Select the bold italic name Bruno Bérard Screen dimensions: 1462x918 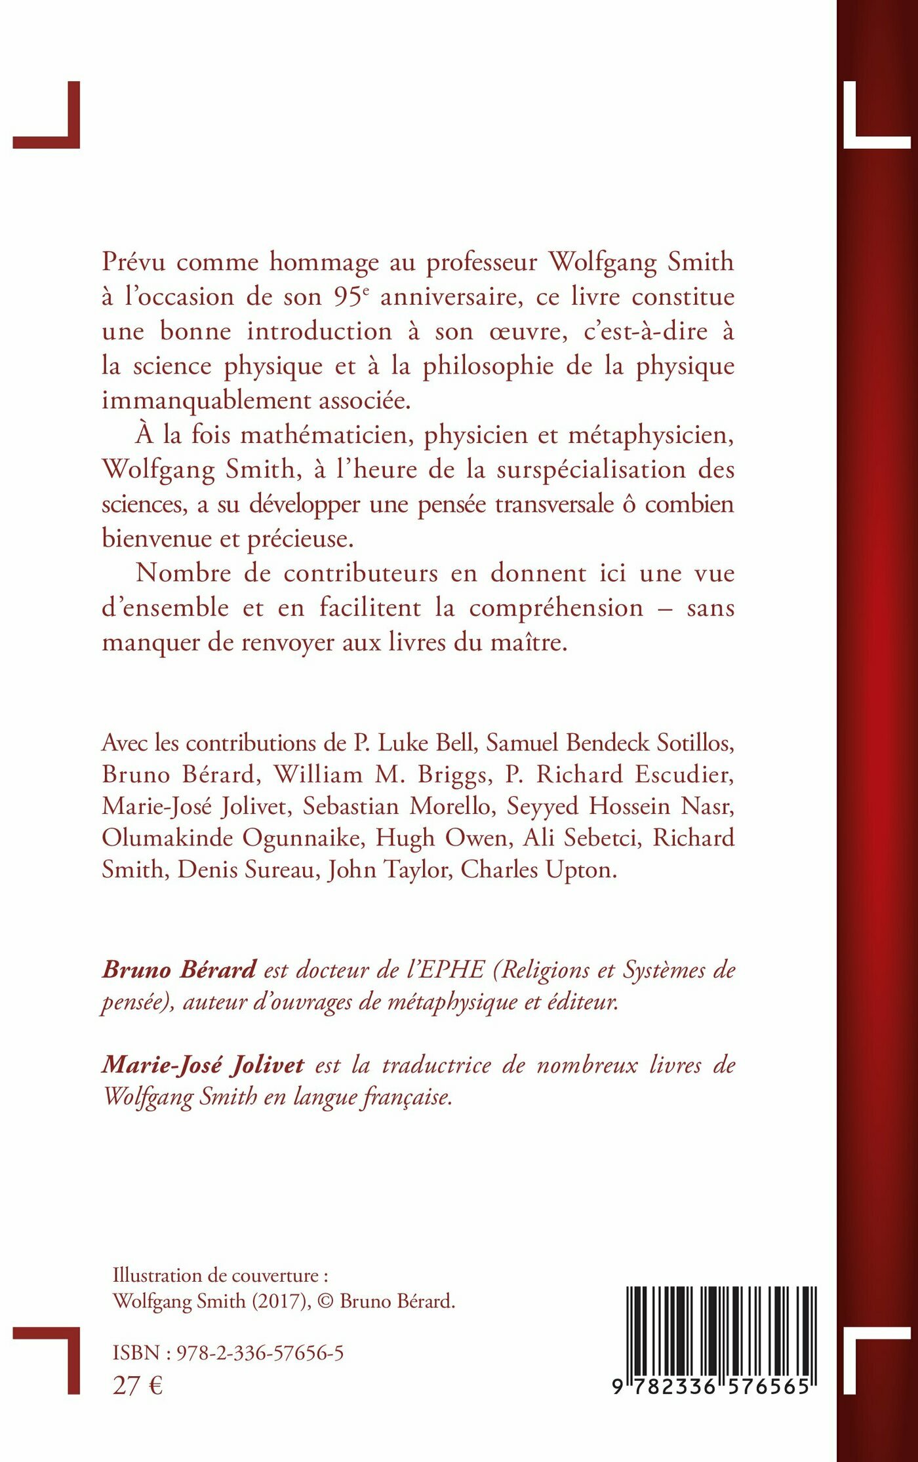[178, 969]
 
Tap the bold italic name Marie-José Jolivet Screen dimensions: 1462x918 [203, 1065]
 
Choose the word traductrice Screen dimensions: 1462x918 [436, 1065]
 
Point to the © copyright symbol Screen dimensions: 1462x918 [325, 1301]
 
